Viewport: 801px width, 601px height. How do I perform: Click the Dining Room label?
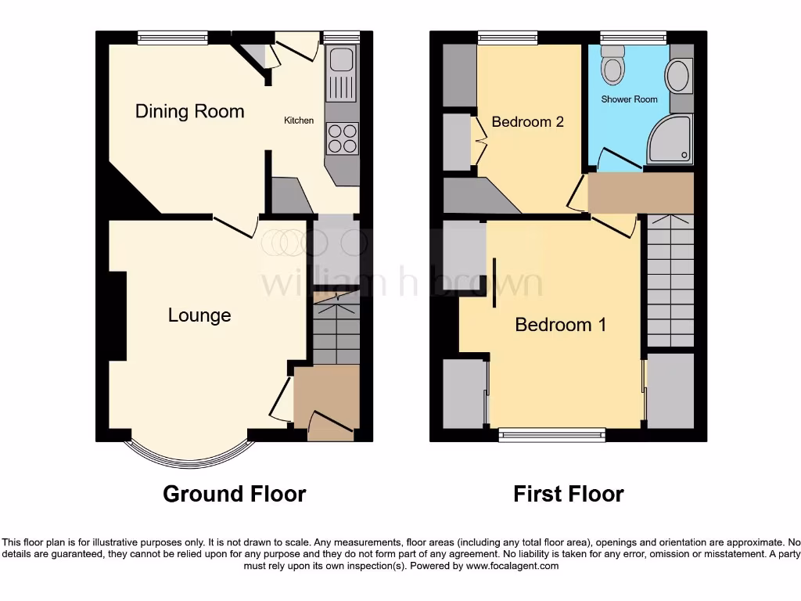click(189, 111)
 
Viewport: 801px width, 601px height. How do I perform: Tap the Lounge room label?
click(199, 315)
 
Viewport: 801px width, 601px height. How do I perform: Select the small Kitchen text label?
click(299, 121)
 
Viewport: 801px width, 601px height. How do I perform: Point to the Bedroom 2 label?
click(527, 122)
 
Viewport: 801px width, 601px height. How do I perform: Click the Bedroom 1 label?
click(560, 325)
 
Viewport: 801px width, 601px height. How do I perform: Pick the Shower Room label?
click(629, 99)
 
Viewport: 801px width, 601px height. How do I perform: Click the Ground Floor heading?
click(234, 494)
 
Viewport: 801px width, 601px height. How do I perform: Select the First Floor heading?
click(568, 494)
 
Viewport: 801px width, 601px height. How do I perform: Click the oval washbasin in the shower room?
click(677, 77)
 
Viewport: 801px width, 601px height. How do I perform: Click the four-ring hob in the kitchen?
click(341, 139)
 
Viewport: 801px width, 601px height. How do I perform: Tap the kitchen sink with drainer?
click(341, 74)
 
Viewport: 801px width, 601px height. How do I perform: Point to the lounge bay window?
click(190, 458)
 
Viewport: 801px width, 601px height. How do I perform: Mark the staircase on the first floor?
click(670, 282)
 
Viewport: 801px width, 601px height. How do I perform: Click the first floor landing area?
click(640, 193)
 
